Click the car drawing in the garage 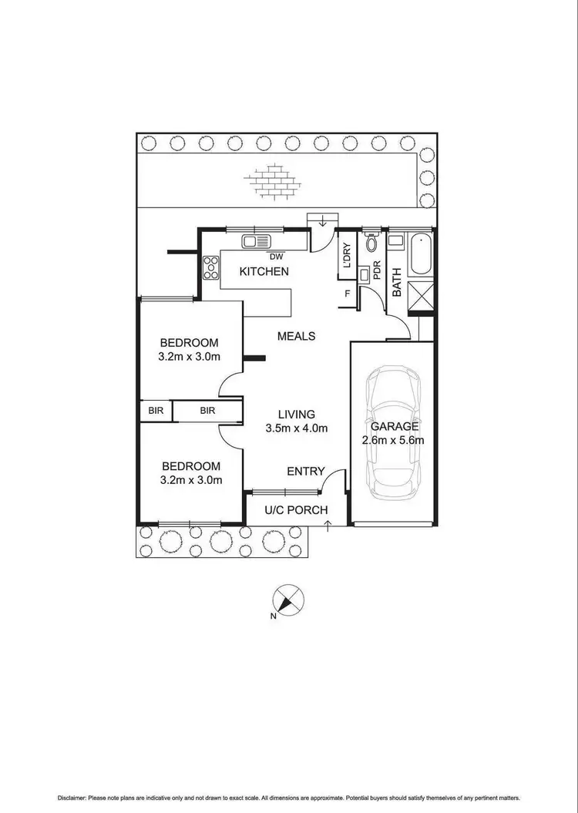pyautogui.click(x=393, y=432)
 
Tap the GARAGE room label pyautogui.click(x=394, y=426)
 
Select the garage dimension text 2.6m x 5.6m pyautogui.click(x=394, y=441)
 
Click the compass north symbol pyautogui.click(x=288, y=600)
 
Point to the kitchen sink pyautogui.click(x=254, y=241)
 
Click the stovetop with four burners pyautogui.click(x=210, y=267)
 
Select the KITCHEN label pyautogui.click(x=264, y=271)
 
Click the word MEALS pyautogui.click(x=297, y=336)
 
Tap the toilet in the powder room pyautogui.click(x=371, y=244)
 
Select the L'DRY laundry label pyautogui.click(x=347, y=255)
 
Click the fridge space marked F pyautogui.click(x=348, y=293)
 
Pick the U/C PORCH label pyautogui.click(x=296, y=510)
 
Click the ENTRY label pyautogui.click(x=305, y=472)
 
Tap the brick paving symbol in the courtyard pyautogui.click(x=271, y=182)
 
